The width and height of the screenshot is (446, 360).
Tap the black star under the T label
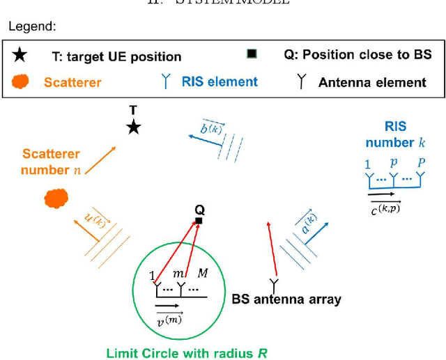coord(134,127)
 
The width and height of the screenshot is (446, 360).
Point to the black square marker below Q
coord(199,221)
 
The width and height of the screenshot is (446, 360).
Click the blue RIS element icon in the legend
coord(166,81)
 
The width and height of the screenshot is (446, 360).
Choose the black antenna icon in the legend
coord(301,81)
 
